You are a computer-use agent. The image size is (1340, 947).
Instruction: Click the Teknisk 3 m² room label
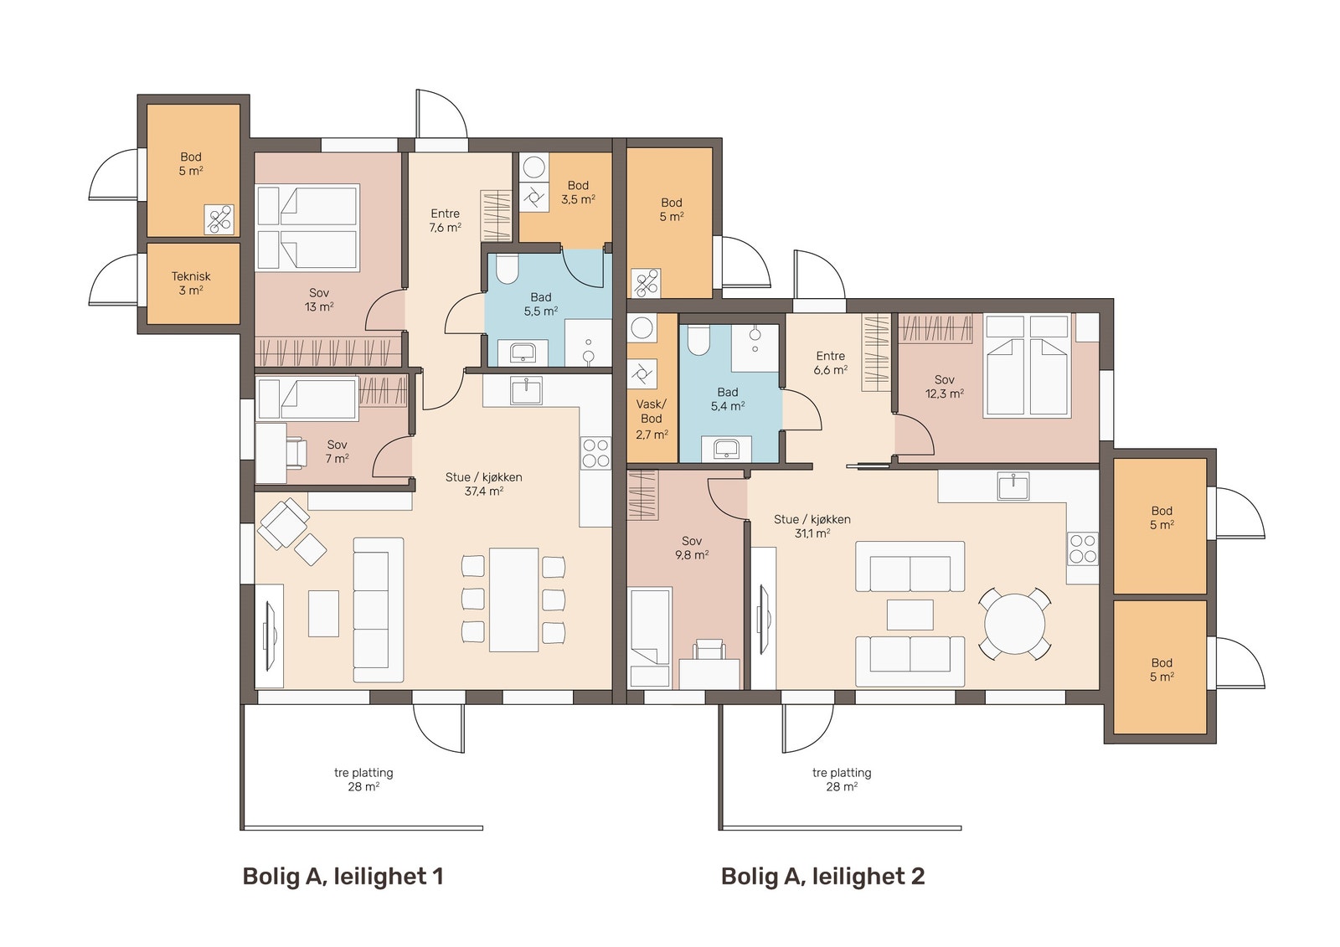point(191,284)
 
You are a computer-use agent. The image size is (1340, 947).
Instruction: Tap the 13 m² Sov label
point(319,301)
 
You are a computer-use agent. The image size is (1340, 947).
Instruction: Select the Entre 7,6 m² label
point(445,221)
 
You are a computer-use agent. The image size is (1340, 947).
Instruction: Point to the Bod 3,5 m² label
point(578,193)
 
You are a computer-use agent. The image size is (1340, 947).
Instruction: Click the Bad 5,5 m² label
point(541,304)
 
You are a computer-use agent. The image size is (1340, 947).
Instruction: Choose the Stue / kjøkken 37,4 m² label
point(483,485)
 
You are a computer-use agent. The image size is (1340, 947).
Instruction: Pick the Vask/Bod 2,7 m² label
point(652,419)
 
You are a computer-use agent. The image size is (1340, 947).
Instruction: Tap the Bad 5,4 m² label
point(728,399)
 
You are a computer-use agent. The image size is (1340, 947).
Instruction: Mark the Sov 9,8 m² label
point(692,548)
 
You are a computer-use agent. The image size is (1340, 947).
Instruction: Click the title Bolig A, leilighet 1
point(343,877)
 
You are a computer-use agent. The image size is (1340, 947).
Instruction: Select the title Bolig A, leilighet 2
point(822,877)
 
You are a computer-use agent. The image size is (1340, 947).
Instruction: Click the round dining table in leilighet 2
point(1014,625)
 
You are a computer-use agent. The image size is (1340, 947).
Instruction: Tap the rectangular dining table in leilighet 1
point(514,600)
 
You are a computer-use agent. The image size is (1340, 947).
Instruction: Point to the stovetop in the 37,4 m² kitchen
point(595,453)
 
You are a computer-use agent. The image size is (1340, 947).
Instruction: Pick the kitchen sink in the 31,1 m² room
point(1013,485)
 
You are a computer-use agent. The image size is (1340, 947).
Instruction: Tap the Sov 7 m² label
point(338,451)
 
